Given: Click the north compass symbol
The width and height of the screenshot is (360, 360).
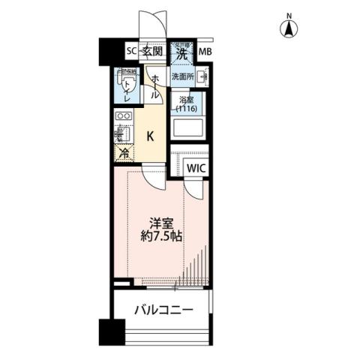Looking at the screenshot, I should click(288, 31).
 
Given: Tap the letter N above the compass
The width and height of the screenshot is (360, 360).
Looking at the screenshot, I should click(288, 16).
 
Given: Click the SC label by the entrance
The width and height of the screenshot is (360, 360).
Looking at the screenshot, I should click(130, 52).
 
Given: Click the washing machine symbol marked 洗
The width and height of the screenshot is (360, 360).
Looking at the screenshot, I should click(181, 53).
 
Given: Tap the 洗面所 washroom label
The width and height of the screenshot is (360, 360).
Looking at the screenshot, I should click(182, 76).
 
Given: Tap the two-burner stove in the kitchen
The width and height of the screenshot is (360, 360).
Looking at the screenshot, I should click(124, 118).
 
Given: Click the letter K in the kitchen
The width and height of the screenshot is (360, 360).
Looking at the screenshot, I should click(150, 136).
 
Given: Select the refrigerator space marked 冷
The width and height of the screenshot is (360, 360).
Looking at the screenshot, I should click(122, 153).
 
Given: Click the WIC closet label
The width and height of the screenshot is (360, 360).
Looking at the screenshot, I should click(196, 167).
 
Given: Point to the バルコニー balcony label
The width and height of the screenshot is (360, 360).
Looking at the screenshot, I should click(163, 309).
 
